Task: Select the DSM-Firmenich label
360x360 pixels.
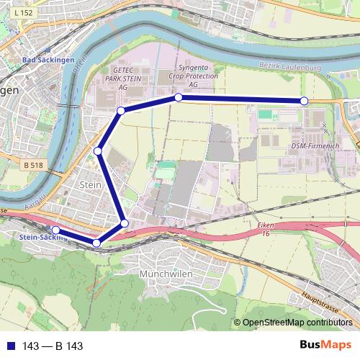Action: (x=315, y=146)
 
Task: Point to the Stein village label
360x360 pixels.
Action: (x=88, y=185)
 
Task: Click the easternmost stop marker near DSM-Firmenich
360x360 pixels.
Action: (x=304, y=101)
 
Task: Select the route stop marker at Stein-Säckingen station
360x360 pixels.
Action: (x=56, y=230)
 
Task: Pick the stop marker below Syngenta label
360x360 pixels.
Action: (x=178, y=97)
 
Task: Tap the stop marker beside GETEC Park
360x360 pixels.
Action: (x=121, y=110)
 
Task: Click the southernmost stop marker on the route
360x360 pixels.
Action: (x=97, y=243)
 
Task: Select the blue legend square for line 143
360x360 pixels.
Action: (x=8, y=346)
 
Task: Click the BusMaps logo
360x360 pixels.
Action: (x=325, y=345)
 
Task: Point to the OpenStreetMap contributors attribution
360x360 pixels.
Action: (x=297, y=323)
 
